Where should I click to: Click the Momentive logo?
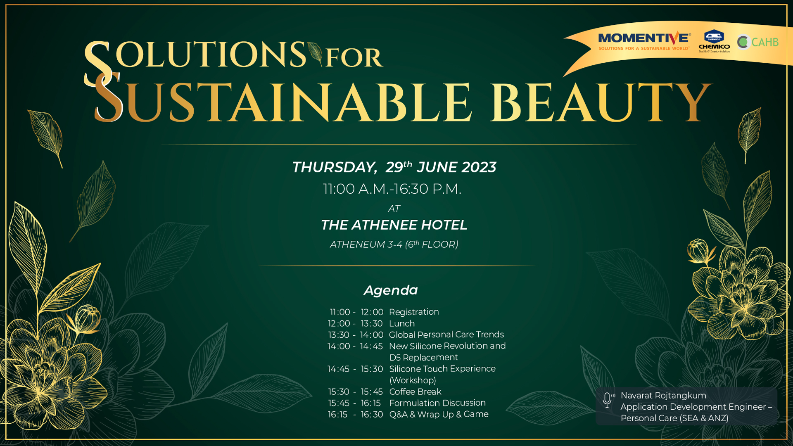pos(644,41)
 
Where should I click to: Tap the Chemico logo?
pos(714,41)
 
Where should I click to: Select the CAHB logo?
pos(758,42)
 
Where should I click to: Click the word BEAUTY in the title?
pos(601,102)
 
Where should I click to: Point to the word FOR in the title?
pos(354,58)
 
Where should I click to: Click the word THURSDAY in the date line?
pos(334,167)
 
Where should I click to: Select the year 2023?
pos(479,167)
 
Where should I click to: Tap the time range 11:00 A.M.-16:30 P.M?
pos(392,189)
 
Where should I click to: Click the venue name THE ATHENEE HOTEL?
pos(394,225)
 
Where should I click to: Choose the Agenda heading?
pos(391,290)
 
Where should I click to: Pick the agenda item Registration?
pos(414,312)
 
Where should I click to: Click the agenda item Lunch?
pos(402,323)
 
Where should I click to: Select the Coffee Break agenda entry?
pos(415,391)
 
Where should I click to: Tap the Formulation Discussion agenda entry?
pos(437,403)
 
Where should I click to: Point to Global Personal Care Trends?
pos(446,334)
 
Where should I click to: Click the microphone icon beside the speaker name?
pos(608,400)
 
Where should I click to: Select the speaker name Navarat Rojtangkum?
pos(663,395)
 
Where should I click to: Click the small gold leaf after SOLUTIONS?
pos(315,53)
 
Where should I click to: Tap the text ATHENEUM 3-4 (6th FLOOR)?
pos(394,244)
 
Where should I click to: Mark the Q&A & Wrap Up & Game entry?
pos(439,414)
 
